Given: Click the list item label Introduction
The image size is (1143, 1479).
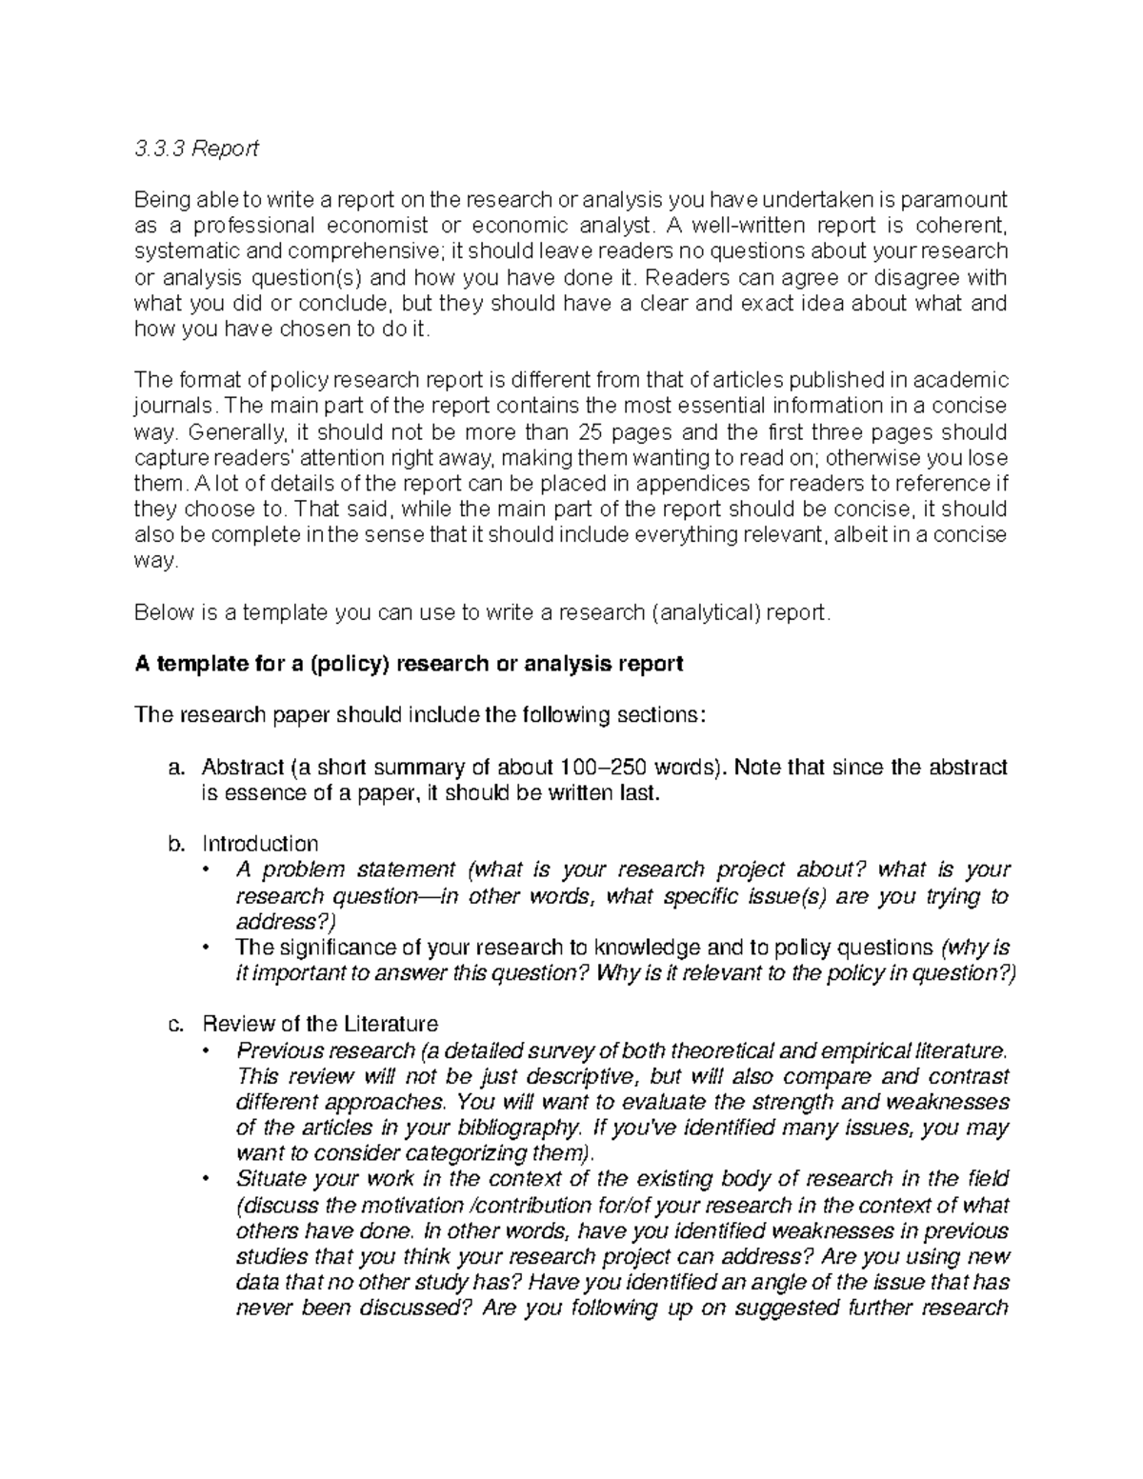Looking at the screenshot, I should [260, 844].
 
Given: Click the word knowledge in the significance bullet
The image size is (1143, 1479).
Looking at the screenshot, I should [643, 948].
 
